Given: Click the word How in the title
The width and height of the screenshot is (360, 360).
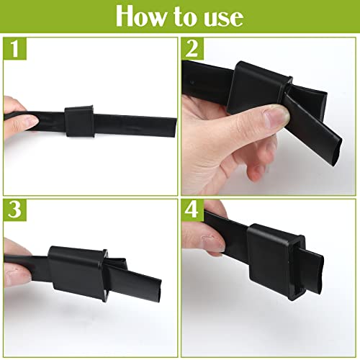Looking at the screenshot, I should [144, 16].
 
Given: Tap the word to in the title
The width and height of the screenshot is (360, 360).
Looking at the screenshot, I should [183, 16].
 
